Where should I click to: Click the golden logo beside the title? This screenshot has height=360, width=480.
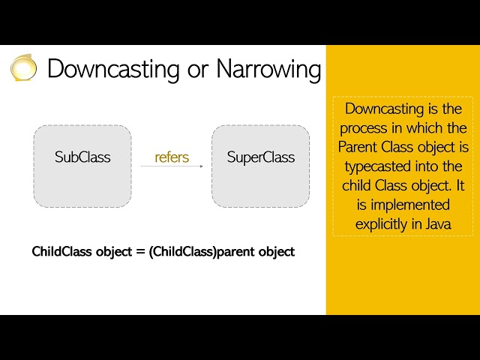click(23, 67)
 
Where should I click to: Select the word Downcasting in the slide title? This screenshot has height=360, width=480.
click(111, 69)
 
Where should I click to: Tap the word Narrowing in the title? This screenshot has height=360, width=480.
click(268, 69)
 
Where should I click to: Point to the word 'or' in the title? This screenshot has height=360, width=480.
click(196, 70)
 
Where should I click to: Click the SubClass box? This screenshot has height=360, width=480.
click(82, 166)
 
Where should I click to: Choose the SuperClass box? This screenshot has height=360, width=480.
click(260, 166)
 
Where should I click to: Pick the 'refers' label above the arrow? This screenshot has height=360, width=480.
click(172, 157)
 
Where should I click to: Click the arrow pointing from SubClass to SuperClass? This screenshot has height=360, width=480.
click(172, 166)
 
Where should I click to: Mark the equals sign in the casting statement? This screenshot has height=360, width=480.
click(139, 252)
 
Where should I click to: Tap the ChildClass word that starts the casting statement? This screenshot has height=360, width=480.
click(62, 252)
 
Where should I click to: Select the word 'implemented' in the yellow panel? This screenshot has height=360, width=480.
click(409, 204)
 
